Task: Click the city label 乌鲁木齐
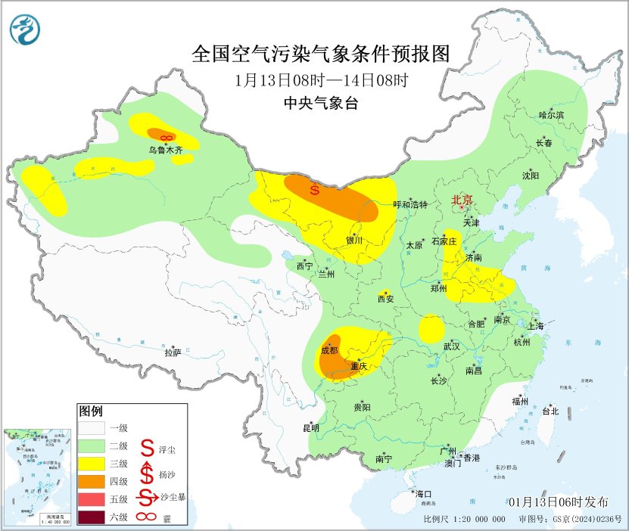pyautogui.click(x=165, y=151)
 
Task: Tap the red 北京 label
pyautogui.click(x=462, y=200)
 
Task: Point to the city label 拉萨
pyautogui.click(x=173, y=352)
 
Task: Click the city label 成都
pyautogui.click(x=329, y=350)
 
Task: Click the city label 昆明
pyautogui.click(x=311, y=427)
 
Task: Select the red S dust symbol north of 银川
pyautogui.click(x=315, y=190)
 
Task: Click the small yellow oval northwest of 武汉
pyautogui.click(x=431, y=328)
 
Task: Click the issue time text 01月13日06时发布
pyautogui.click(x=557, y=502)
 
